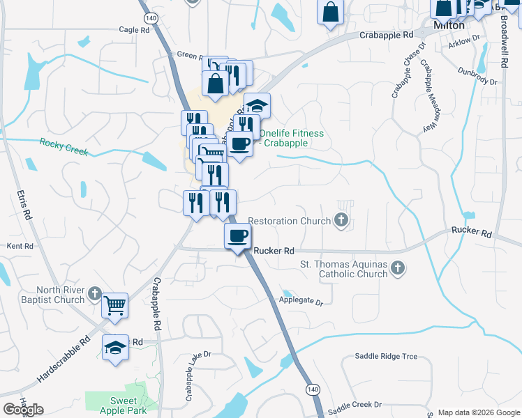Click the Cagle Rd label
pos(135,30)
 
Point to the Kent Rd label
pos(20,247)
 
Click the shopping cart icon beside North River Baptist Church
pos(114,305)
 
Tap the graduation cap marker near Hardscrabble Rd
pos(115,348)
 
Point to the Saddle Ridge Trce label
pos(386,356)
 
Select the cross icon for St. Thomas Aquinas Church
pos(397,268)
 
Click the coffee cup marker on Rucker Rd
pos(237,236)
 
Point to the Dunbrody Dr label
pos(477,76)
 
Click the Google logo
pos(23,410)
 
